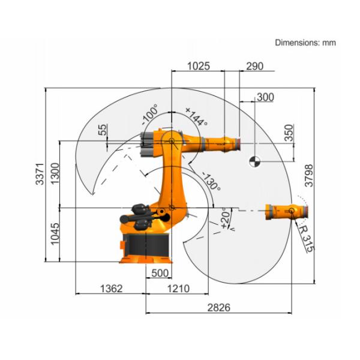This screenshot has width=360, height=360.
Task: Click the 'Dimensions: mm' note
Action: (305, 43)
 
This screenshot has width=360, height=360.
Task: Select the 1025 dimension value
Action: (199, 67)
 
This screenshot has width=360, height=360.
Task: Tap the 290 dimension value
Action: (254, 67)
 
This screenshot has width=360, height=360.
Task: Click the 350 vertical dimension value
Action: (289, 133)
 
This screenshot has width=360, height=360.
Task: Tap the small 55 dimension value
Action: (103, 129)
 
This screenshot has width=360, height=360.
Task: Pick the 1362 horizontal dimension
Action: (110, 289)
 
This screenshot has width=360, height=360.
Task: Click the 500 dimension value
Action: (158, 273)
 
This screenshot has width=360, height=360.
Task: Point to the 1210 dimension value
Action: (178, 289)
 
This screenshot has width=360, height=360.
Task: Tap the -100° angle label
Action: (149, 114)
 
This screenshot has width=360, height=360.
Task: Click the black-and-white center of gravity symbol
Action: (254, 160)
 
